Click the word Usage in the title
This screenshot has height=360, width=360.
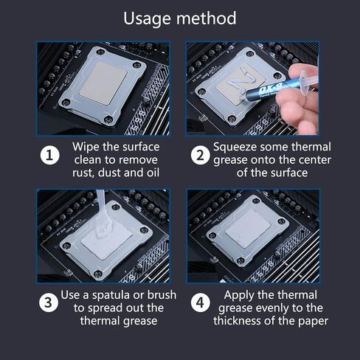point(147,18)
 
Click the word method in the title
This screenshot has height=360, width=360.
point(207,18)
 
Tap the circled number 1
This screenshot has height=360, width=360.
point(50,156)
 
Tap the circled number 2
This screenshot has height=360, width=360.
point(201,156)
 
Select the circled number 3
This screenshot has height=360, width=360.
point(49,302)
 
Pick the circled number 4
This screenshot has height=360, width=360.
point(201,302)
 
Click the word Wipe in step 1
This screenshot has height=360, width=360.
point(86,148)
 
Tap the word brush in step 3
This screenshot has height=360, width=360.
point(162,295)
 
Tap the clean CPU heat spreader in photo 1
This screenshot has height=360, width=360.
point(103,83)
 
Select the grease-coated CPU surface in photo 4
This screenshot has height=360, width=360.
point(248,229)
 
